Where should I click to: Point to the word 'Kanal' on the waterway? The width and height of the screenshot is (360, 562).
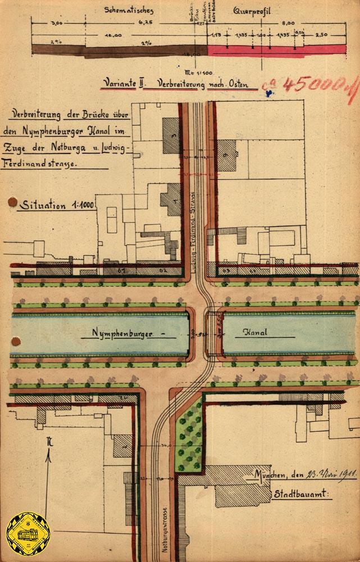click(x=256, y=333)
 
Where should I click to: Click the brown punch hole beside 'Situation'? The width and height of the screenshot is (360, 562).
click(x=11, y=202)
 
